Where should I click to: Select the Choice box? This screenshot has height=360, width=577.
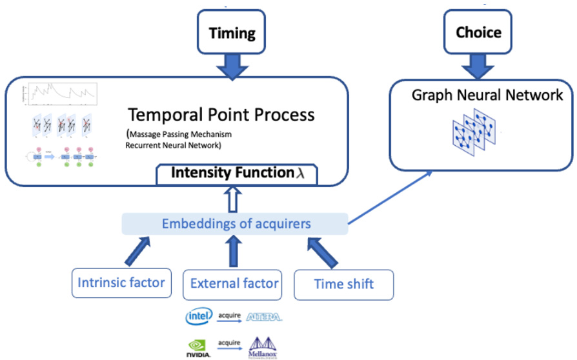478,32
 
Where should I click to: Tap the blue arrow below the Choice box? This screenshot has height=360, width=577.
478,67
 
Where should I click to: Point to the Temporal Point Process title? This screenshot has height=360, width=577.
221,115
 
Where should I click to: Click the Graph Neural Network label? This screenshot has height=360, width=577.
487,95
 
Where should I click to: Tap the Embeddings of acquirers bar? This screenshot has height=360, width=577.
235,224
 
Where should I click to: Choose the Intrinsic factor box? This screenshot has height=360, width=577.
121,283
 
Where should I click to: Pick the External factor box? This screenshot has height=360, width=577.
234,283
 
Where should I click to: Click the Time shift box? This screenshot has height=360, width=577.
343,284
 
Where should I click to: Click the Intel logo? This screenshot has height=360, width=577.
199,317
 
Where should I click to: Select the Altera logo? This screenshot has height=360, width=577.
264,317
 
